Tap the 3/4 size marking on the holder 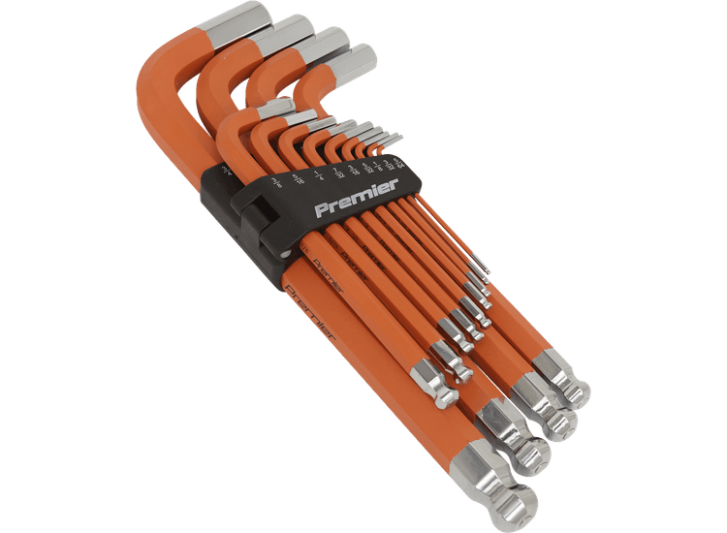click(x=229, y=172)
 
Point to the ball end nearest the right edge click(x=575, y=393)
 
